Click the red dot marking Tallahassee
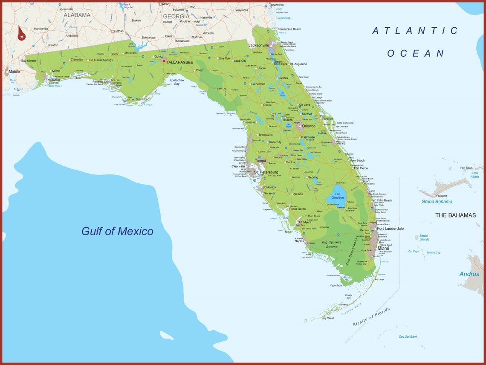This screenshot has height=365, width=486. pos(164,61)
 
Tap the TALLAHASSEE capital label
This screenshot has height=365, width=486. pos(179,62)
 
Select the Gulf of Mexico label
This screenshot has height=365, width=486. pos(117,231)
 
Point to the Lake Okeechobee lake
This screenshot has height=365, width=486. pos(337,194)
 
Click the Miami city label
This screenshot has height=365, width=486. pos(383,249)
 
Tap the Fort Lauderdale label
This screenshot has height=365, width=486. pos(390,229)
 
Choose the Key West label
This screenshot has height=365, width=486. pos(328,318)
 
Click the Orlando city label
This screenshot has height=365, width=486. pos(309,126)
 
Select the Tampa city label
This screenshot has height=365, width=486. pos(260,161)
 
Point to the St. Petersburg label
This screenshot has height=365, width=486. pos(266,172)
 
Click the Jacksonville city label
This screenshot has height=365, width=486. pos(259,45)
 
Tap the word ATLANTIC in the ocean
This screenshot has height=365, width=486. pos(415,31)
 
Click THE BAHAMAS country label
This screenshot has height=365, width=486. pos(455,215)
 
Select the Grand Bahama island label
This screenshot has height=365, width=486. pos(437,202)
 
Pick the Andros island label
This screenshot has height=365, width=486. pos(469,274)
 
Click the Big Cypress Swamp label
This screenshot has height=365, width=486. pos(332,245)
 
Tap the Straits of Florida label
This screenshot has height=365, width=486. pos(371,317)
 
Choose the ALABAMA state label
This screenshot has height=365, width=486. pos(77,15)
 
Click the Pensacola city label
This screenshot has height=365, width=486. pos(53,80)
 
